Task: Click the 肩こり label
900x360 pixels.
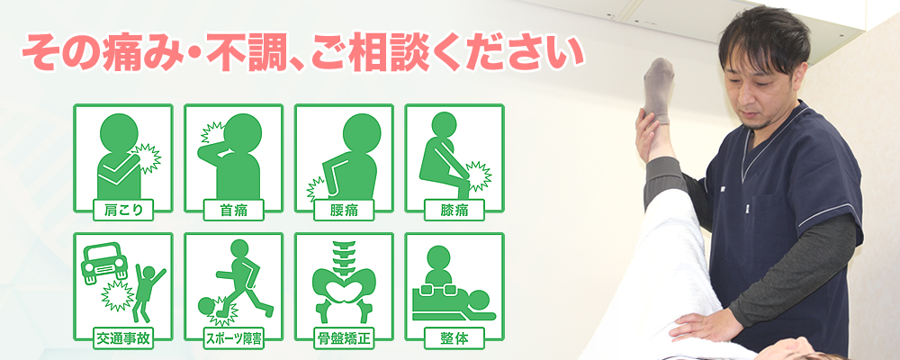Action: coord(122,210)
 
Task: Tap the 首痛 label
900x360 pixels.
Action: coord(234,210)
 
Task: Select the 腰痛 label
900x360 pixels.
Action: coord(344,210)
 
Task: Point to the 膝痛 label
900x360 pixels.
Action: coord(454,210)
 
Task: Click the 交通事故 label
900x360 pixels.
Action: coord(122,338)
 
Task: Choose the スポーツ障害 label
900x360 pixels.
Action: coord(234,338)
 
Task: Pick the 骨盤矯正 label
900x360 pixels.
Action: coord(344,338)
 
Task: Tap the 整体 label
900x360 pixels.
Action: coord(454,338)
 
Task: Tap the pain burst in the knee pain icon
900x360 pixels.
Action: coord(478,176)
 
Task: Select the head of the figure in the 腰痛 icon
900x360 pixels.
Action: coord(362,132)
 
